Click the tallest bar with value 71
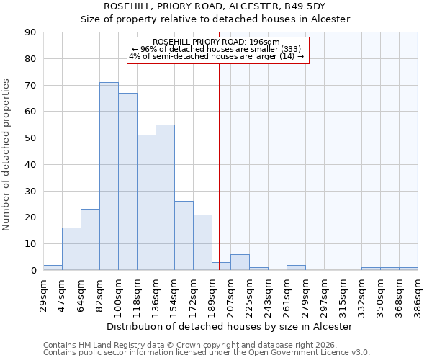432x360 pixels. point(109,176)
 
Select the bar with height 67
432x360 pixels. point(127,181)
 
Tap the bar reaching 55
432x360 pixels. point(165,197)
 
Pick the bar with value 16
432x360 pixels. point(71,249)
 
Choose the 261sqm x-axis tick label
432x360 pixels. point(287,294)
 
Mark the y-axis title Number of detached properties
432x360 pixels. point(7,155)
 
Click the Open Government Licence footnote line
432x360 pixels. point(207,353)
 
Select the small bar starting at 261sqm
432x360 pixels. point(296,268)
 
